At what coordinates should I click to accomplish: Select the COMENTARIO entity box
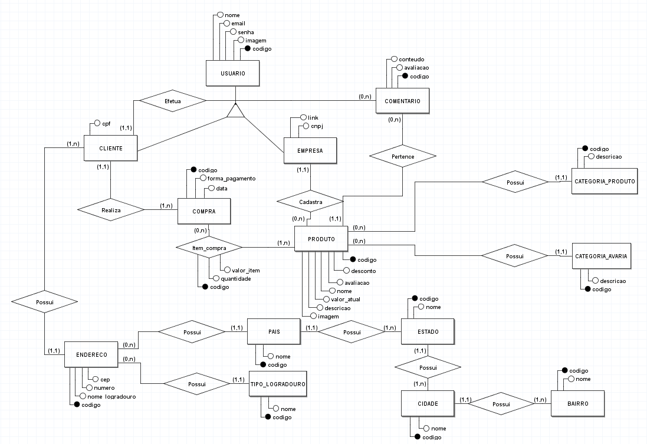click(402, 101)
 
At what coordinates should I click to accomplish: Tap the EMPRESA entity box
click(310, 150)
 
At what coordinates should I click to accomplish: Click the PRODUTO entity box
click(321, 239)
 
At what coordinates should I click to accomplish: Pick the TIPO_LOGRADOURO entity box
click(278, 384)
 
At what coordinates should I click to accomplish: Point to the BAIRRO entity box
click(578, 403)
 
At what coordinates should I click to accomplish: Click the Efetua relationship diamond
click(173, 101)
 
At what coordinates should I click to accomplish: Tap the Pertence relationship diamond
click(402, 157)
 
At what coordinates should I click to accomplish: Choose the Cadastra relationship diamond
click(311, 202)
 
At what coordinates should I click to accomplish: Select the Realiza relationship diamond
click(111, 209)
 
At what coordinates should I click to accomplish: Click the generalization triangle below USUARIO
click(236, 111)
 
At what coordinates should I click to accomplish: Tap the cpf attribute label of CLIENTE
click(106, 124)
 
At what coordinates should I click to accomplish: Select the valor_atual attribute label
click(345, 300)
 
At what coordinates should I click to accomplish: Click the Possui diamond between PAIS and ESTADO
click(352, 332)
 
